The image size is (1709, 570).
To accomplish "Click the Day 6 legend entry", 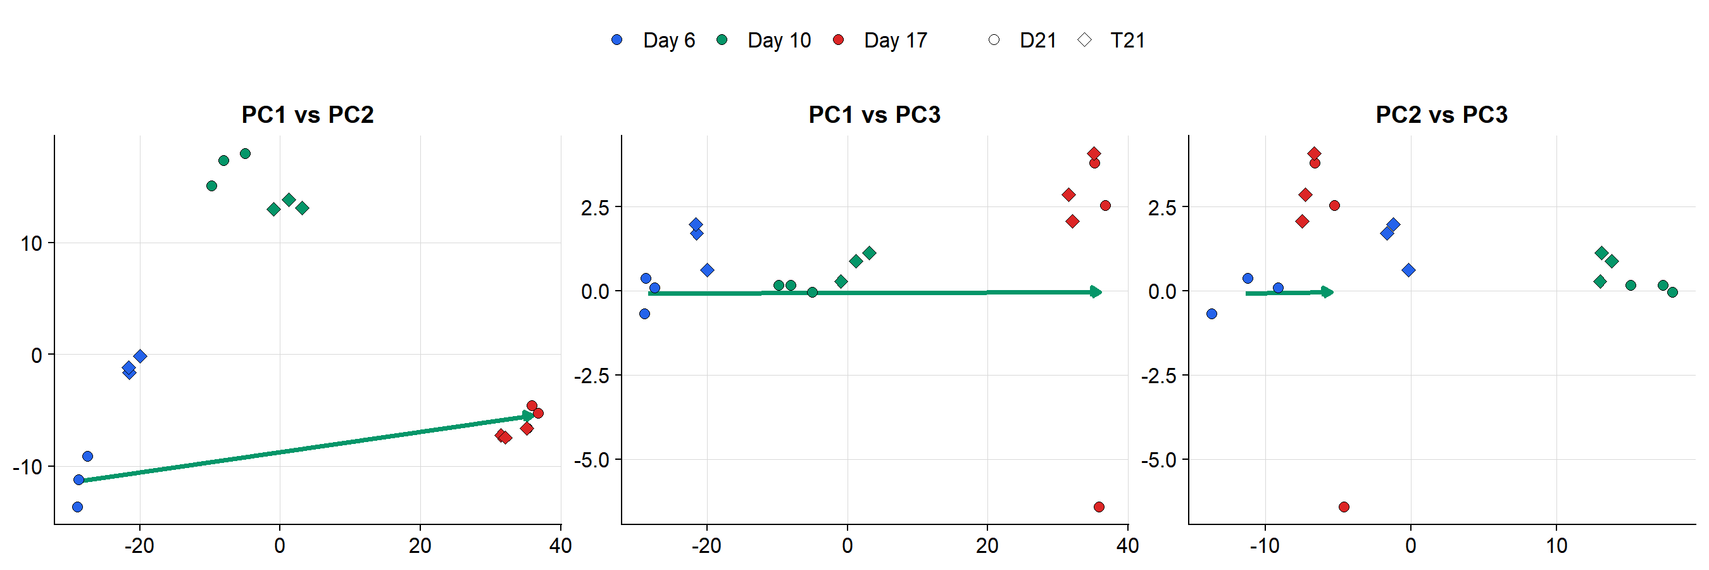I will coord(653,41).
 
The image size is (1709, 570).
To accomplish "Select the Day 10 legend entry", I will coord(764,41).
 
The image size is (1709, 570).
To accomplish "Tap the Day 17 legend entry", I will coord(881,41).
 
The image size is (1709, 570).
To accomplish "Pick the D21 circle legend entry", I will coord(1022,41).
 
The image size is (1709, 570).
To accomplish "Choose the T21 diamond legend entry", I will coord(1115,41).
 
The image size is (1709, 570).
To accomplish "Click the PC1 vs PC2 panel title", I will coord(307,115).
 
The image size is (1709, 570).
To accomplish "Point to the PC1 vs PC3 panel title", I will coord(873,115).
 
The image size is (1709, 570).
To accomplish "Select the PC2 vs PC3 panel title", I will coord(1441,115).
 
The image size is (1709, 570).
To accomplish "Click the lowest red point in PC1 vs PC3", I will coord(1099,507).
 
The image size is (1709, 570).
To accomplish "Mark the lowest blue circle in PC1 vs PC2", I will coord(78,507).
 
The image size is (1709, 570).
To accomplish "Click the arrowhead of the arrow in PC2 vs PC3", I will coord(1327,292).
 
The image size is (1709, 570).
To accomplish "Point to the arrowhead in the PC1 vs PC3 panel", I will coord(1096,292).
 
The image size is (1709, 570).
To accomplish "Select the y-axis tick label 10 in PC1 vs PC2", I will coord(31,244).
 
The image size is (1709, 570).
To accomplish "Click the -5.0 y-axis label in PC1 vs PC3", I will coord(594,460).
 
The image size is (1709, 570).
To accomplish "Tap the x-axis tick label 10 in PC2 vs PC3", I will coord(1556,546).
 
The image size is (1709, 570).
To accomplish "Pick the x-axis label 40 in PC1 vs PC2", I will coord(561,546).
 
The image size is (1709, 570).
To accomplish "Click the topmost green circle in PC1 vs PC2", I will coord(245,154).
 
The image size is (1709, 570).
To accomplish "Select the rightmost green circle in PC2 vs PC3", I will coord(1672,292).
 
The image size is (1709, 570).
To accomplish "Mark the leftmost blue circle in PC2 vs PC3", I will coord(1212,314).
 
